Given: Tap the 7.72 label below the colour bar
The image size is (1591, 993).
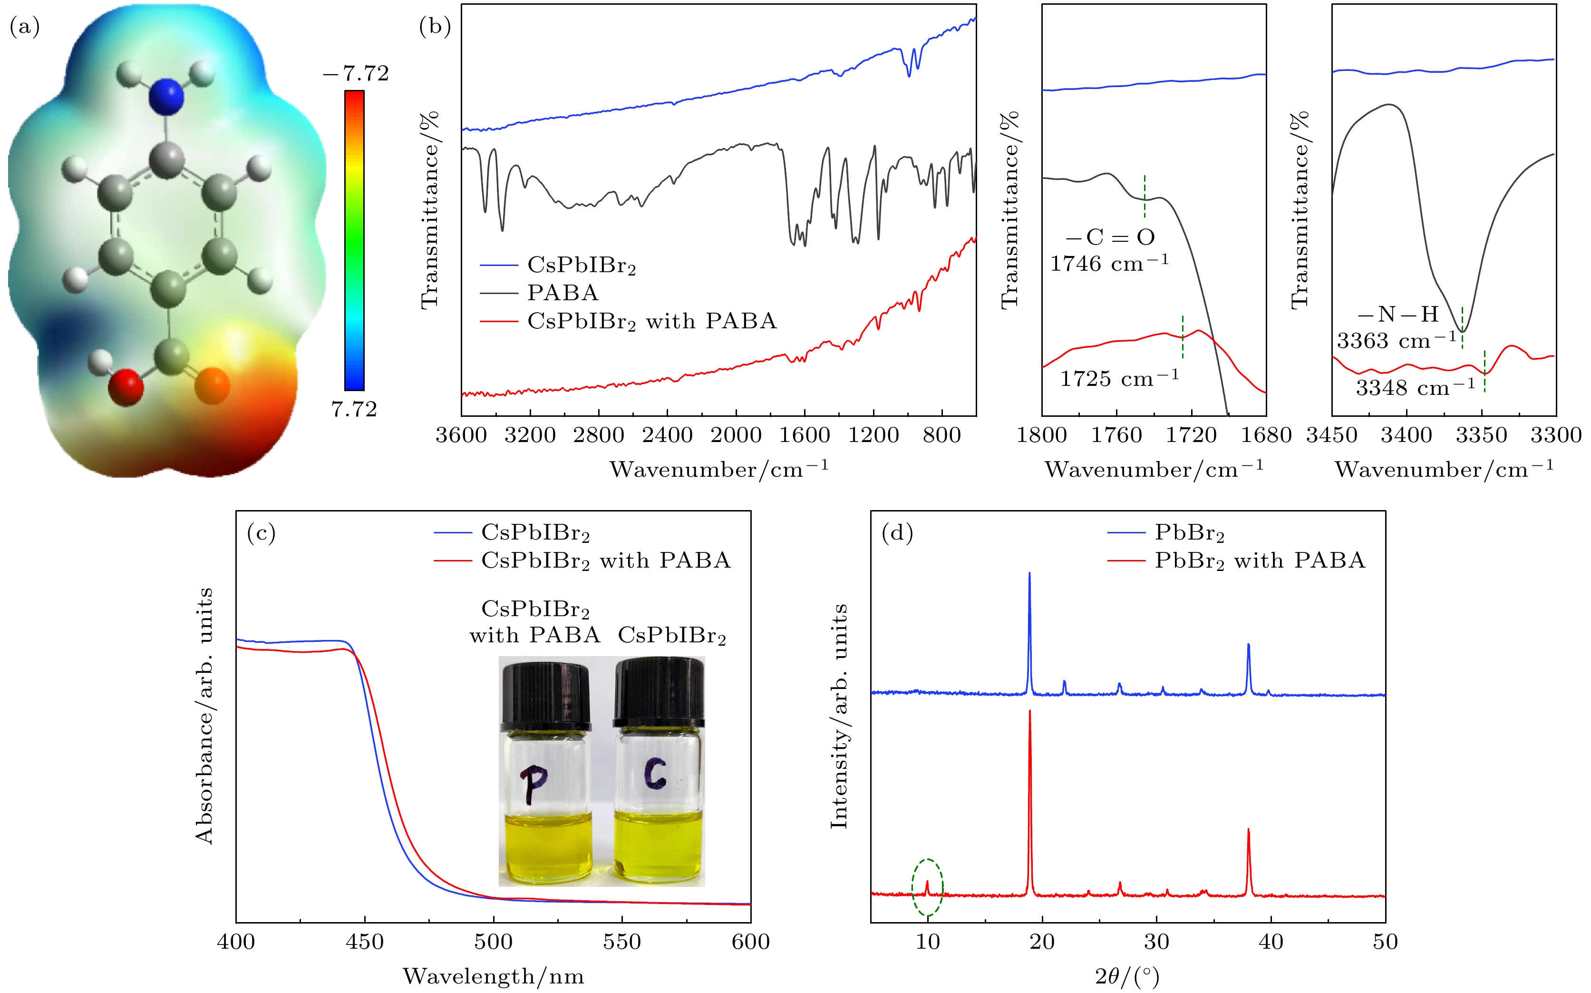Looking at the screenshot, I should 354,410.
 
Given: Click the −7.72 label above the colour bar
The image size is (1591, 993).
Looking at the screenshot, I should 356,74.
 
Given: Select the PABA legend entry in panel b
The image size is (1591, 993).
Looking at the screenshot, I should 563,293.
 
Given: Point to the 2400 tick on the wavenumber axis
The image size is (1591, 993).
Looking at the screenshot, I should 667,435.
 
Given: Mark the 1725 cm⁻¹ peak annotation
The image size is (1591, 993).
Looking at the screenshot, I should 1119,379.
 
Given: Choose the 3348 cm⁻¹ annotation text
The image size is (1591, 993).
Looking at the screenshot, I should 1415,387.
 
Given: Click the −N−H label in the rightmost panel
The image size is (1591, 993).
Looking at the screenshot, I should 1398,315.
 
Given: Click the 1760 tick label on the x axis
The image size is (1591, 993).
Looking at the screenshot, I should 1116,435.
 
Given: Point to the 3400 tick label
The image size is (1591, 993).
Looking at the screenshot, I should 1407,435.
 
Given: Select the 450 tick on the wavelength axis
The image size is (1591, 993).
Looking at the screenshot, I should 364,942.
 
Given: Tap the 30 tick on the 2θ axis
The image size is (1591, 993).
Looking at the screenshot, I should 1156,942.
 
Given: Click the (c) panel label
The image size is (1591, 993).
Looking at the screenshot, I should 261,533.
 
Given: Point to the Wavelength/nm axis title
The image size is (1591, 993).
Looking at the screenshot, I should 493,976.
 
